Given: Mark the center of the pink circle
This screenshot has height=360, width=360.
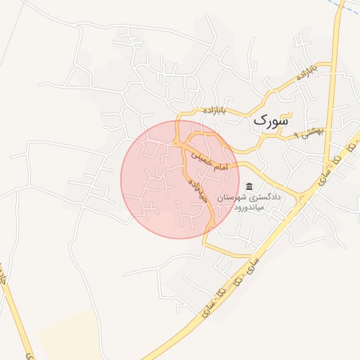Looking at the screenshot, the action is (x=179, y=179).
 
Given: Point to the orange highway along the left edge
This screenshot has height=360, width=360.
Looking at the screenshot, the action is (x=15, y=309).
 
